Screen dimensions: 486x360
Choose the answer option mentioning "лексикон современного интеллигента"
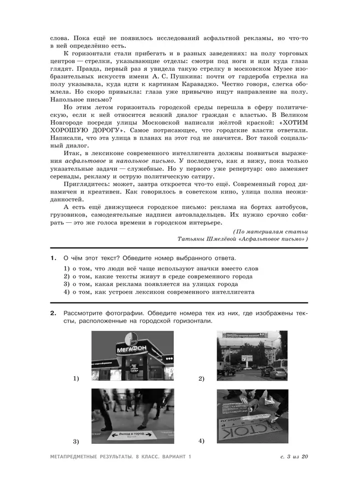[158, 291]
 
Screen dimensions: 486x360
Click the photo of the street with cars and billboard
[252, 356]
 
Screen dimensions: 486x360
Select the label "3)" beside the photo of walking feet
[76, 441]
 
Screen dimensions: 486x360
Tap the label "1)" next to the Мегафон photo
[76, 378]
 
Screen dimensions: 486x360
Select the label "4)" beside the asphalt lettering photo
[201, 441]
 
